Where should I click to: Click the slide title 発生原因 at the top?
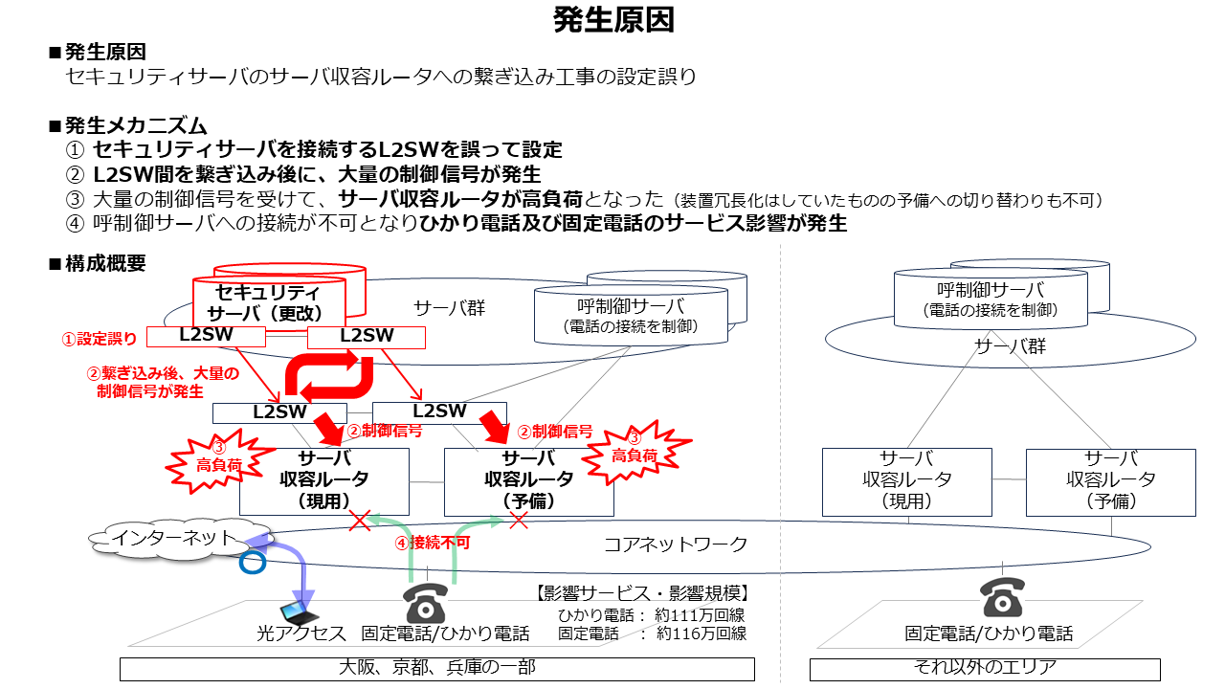tap(613, 20)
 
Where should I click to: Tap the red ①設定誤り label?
tap(99, 339)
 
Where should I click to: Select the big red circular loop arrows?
tap(328, 375)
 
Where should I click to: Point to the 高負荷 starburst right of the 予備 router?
tap(635, 452)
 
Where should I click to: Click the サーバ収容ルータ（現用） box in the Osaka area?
tap(324, 481)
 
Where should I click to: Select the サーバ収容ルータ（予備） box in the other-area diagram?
tap(1111, 482)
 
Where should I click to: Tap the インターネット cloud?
tap(178, 540)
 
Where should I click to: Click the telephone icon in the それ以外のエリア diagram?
tap(1002, 598)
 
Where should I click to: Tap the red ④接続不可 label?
tap(432, 543)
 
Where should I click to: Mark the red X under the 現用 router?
tap(360, 522)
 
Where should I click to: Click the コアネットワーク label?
tap(676, 545)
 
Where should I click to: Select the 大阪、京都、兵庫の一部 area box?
tap(437, 669)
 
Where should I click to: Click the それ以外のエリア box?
tap(985, 669)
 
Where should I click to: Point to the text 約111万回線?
tap(700, 615)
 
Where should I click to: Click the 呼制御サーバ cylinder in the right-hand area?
tap(991, 299)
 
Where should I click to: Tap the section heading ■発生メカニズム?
tap(127, 125)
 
